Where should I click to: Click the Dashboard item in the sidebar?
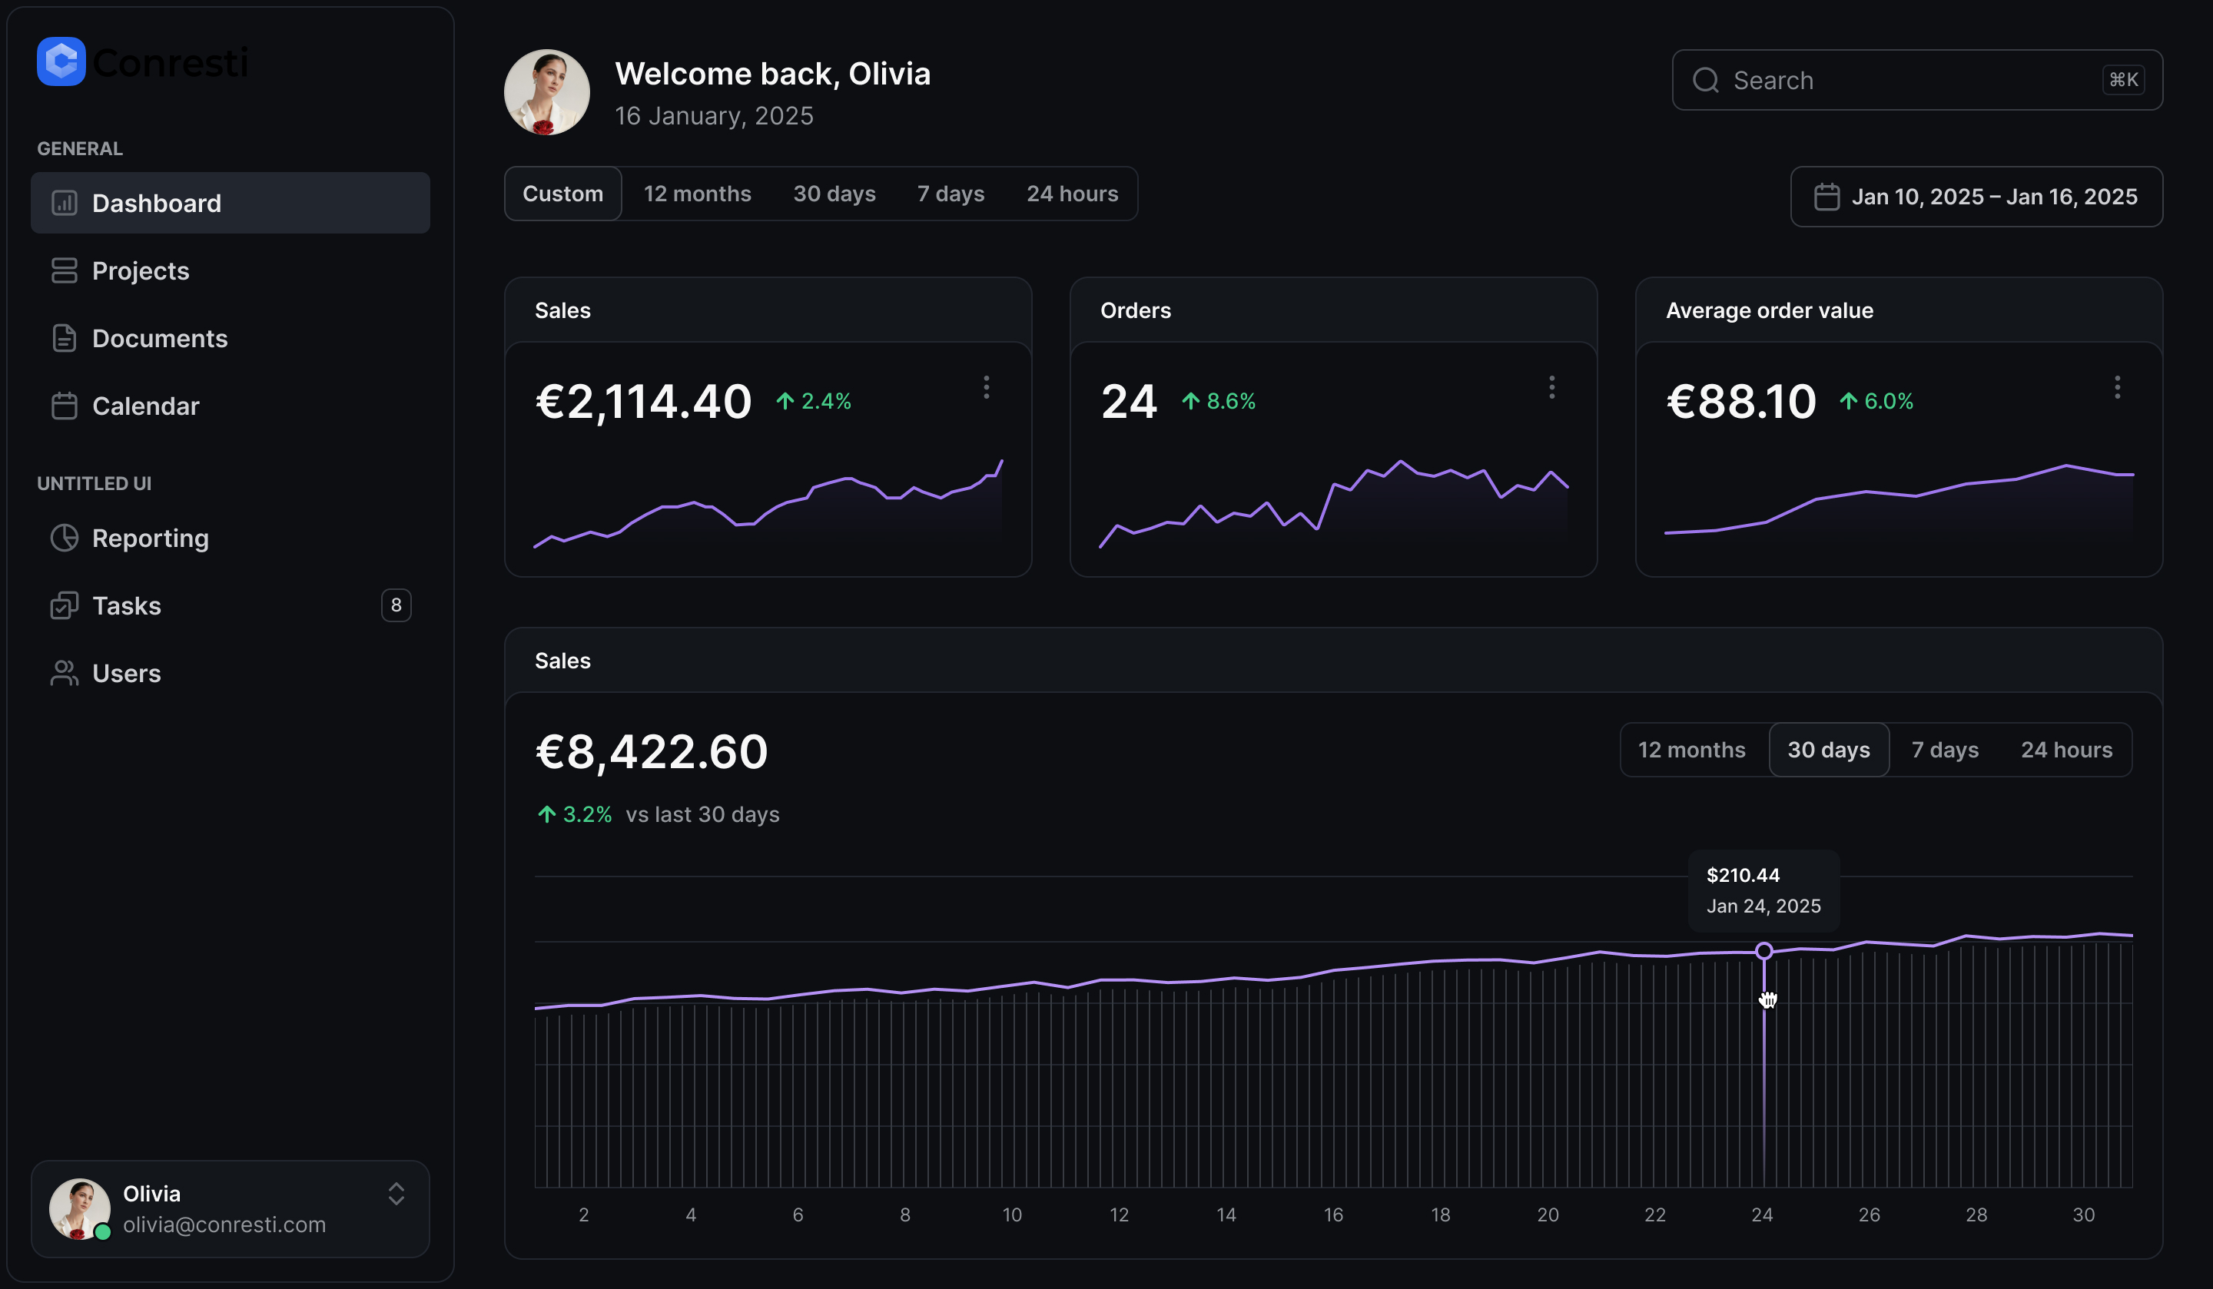click(x=156, y=203)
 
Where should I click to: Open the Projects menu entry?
click(x=141, y=270)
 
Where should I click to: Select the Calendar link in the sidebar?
click(x=146, y=406)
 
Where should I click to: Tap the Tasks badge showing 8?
click(x=396, y=605)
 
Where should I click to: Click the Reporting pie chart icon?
click(x=64, y=538)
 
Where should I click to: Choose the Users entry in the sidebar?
click(x=127, y=674)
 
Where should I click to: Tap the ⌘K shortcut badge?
click(x=2123, y=80)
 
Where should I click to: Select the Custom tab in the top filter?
click(x=563, y=194)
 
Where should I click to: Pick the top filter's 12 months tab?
click(x=697, y=194)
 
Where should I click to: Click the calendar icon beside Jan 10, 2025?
click(x=1826, y=197)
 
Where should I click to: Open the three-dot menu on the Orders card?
click(x=1551, y=387)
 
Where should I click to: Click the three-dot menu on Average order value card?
click(x=2117, y=387)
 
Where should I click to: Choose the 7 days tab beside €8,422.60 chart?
click(x=1945, y=750)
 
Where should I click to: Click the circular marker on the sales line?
click(x=1763, y=951)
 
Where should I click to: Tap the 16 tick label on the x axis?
click(x=1333, y=1215)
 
